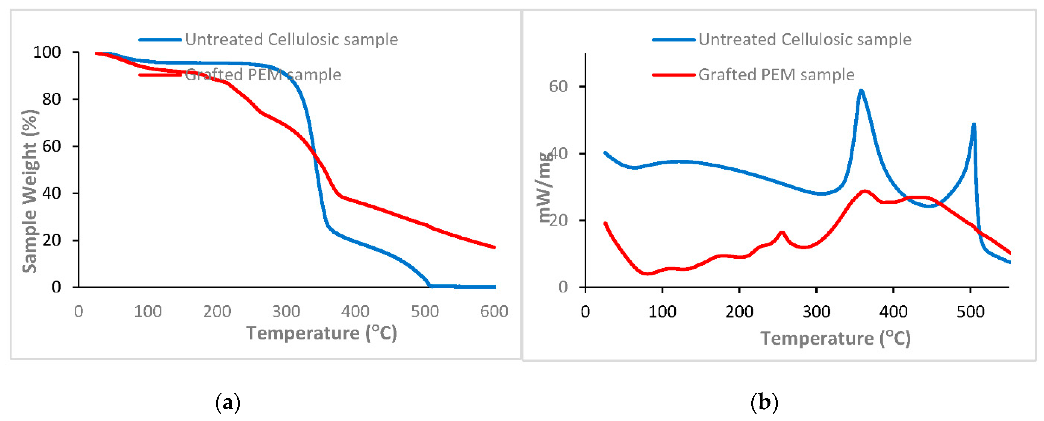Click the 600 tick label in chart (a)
(494, 311)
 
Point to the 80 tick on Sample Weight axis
(51, 99)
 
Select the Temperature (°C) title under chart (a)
(321, 333)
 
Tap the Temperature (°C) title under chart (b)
(835, 338)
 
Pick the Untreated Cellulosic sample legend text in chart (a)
(291, 39)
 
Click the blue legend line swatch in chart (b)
(673, 40)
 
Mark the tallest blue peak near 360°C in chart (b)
(860, 91)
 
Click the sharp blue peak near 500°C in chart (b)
(973, 124)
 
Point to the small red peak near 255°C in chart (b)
(782, 232)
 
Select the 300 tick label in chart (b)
(816, 312)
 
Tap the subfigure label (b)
(764, 403)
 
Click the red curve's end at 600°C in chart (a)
(494, 247)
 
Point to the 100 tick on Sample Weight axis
(47, 52)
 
